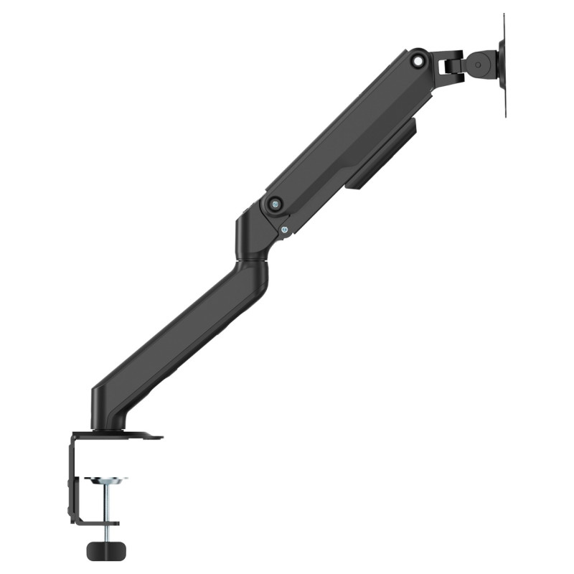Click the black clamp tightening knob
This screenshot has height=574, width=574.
point(105,550)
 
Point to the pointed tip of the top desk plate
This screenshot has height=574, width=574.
point(159,436)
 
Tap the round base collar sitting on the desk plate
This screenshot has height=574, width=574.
point(108,428)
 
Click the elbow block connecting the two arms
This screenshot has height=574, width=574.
point(253,233)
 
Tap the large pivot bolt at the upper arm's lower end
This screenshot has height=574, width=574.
point(274,204)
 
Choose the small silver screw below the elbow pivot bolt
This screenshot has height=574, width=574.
point(285,230)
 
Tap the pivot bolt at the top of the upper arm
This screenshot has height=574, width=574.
point(416,62)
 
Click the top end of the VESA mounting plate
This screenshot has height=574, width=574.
point(504,22)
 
